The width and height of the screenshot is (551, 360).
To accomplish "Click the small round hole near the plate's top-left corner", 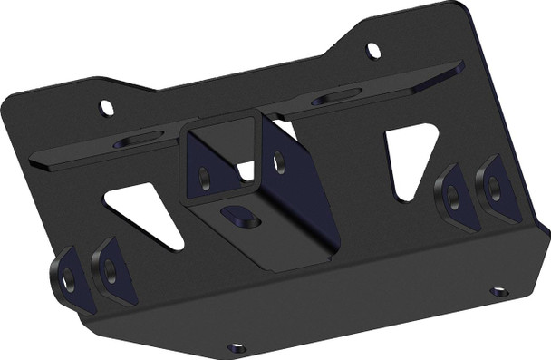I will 107,109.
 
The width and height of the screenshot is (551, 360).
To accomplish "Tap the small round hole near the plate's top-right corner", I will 372,49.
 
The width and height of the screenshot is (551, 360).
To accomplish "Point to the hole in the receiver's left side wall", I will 205,175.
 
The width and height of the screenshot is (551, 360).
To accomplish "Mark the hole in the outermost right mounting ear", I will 493,187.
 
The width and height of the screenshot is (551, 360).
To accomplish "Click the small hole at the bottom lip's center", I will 237,346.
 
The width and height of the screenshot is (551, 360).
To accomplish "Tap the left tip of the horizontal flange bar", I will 33,163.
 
